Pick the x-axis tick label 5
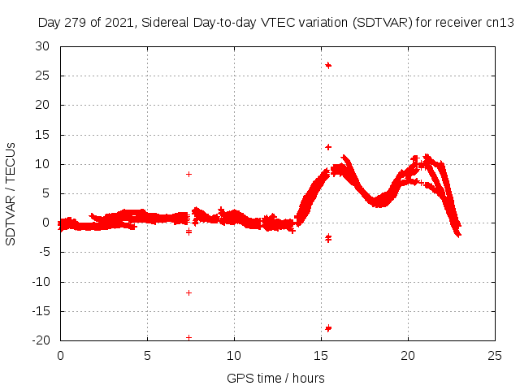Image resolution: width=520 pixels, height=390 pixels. pyautogui.click(x=147, y=356)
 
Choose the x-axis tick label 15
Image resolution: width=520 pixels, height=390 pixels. pyautogui.click(x=322, y=356)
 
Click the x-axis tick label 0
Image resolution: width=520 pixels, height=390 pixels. pyautogui.click(x=60, y=356)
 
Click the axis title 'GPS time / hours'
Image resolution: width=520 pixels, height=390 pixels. pyautogui.click(x=276, y=378)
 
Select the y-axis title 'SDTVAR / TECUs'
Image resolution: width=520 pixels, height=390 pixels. pyautogui.click(x=11, y=193)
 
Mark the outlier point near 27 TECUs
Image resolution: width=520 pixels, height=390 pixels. pyautogui.click(x=328, y=65)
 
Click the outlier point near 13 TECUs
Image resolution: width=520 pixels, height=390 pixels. pyautogui.click(x=328, y=147)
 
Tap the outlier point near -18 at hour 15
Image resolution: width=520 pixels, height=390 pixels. pyautogui.click(x=328, y=328)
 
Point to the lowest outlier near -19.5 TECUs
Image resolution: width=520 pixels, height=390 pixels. pyautogui.click(x=189, y=337)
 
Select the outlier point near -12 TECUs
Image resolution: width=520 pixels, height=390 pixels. pyautogui.click(x=189, y=292)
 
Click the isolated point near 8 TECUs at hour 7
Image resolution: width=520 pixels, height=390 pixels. pyautogui.click(x=189, y=174)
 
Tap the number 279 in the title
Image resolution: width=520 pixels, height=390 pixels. pyautogui.click(x=76, y=23)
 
